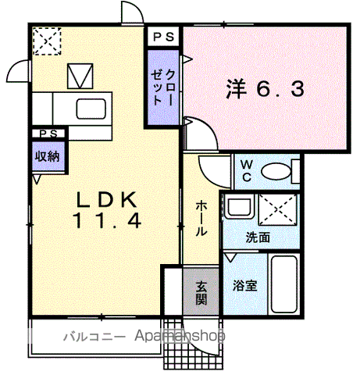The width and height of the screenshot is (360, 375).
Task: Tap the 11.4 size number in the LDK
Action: coord(108,221)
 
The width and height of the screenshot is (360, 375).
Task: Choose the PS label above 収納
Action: coord(46,134)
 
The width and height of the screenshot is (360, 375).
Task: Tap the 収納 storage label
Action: coord(46,155)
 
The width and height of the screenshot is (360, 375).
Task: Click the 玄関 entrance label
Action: coord(201,291)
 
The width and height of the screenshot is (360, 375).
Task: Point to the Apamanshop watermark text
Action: coord(180,337)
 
